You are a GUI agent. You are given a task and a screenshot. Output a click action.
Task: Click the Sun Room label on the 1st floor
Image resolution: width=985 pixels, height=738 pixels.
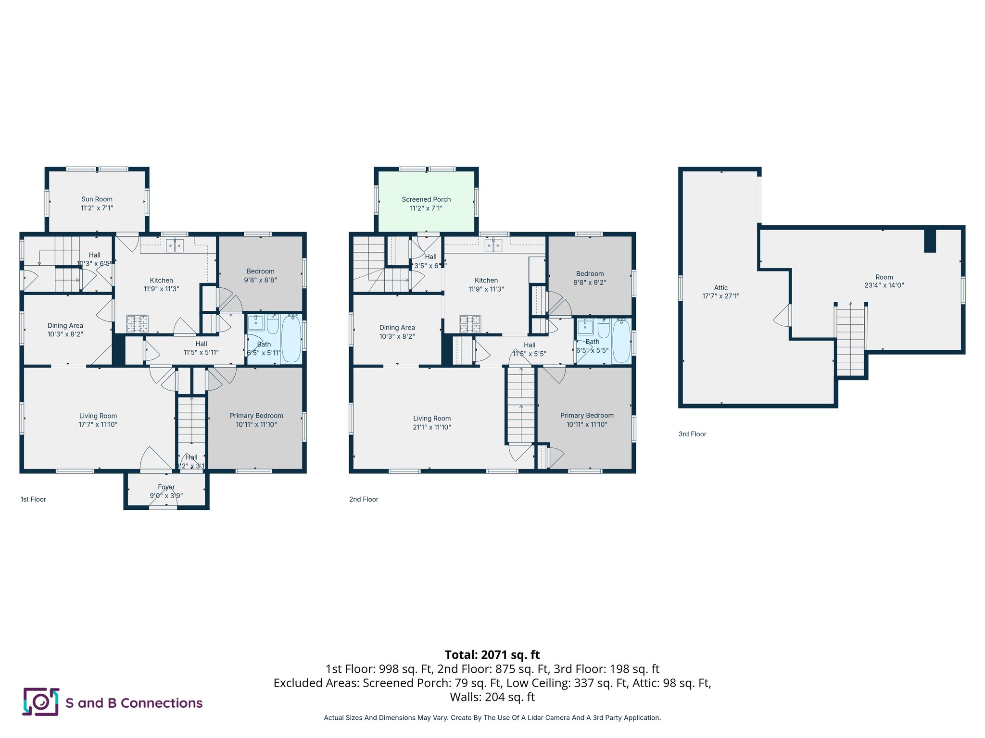97,199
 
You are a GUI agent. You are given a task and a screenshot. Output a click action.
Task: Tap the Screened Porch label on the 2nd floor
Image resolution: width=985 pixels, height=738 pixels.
426,199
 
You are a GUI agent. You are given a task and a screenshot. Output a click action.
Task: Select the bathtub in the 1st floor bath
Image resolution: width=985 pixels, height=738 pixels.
291,338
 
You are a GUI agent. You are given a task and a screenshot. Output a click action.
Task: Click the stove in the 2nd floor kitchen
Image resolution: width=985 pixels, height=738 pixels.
470,324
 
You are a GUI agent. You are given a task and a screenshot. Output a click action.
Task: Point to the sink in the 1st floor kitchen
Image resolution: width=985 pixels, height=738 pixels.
175,246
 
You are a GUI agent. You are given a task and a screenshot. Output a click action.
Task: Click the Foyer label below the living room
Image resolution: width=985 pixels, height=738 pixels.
166,487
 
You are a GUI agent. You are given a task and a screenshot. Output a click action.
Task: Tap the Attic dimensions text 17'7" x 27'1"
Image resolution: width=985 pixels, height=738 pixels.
720,296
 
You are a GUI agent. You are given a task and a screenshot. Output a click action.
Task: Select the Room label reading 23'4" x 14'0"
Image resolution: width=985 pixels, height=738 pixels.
884,281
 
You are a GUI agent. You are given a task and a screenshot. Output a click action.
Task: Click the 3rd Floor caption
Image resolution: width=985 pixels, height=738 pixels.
692,434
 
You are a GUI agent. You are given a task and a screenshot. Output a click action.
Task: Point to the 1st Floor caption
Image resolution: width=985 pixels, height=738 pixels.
33,500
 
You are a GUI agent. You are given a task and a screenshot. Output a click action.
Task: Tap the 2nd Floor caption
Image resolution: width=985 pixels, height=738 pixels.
364,500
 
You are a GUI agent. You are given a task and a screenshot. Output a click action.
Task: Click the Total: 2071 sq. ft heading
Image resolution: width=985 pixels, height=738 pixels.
492,655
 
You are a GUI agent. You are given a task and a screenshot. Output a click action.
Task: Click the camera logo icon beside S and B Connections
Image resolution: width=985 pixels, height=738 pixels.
41,702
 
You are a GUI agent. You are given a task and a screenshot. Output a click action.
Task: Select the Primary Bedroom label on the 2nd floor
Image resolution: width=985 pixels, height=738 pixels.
587,416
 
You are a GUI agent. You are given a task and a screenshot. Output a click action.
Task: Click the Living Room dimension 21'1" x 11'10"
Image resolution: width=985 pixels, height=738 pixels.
431,427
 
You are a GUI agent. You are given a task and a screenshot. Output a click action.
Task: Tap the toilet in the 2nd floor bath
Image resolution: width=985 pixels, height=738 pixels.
604,329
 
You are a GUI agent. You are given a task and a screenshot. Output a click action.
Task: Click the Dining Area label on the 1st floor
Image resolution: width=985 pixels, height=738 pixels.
65,326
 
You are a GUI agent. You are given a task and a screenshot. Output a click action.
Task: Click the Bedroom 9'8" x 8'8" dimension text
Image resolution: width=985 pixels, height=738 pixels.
260,280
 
